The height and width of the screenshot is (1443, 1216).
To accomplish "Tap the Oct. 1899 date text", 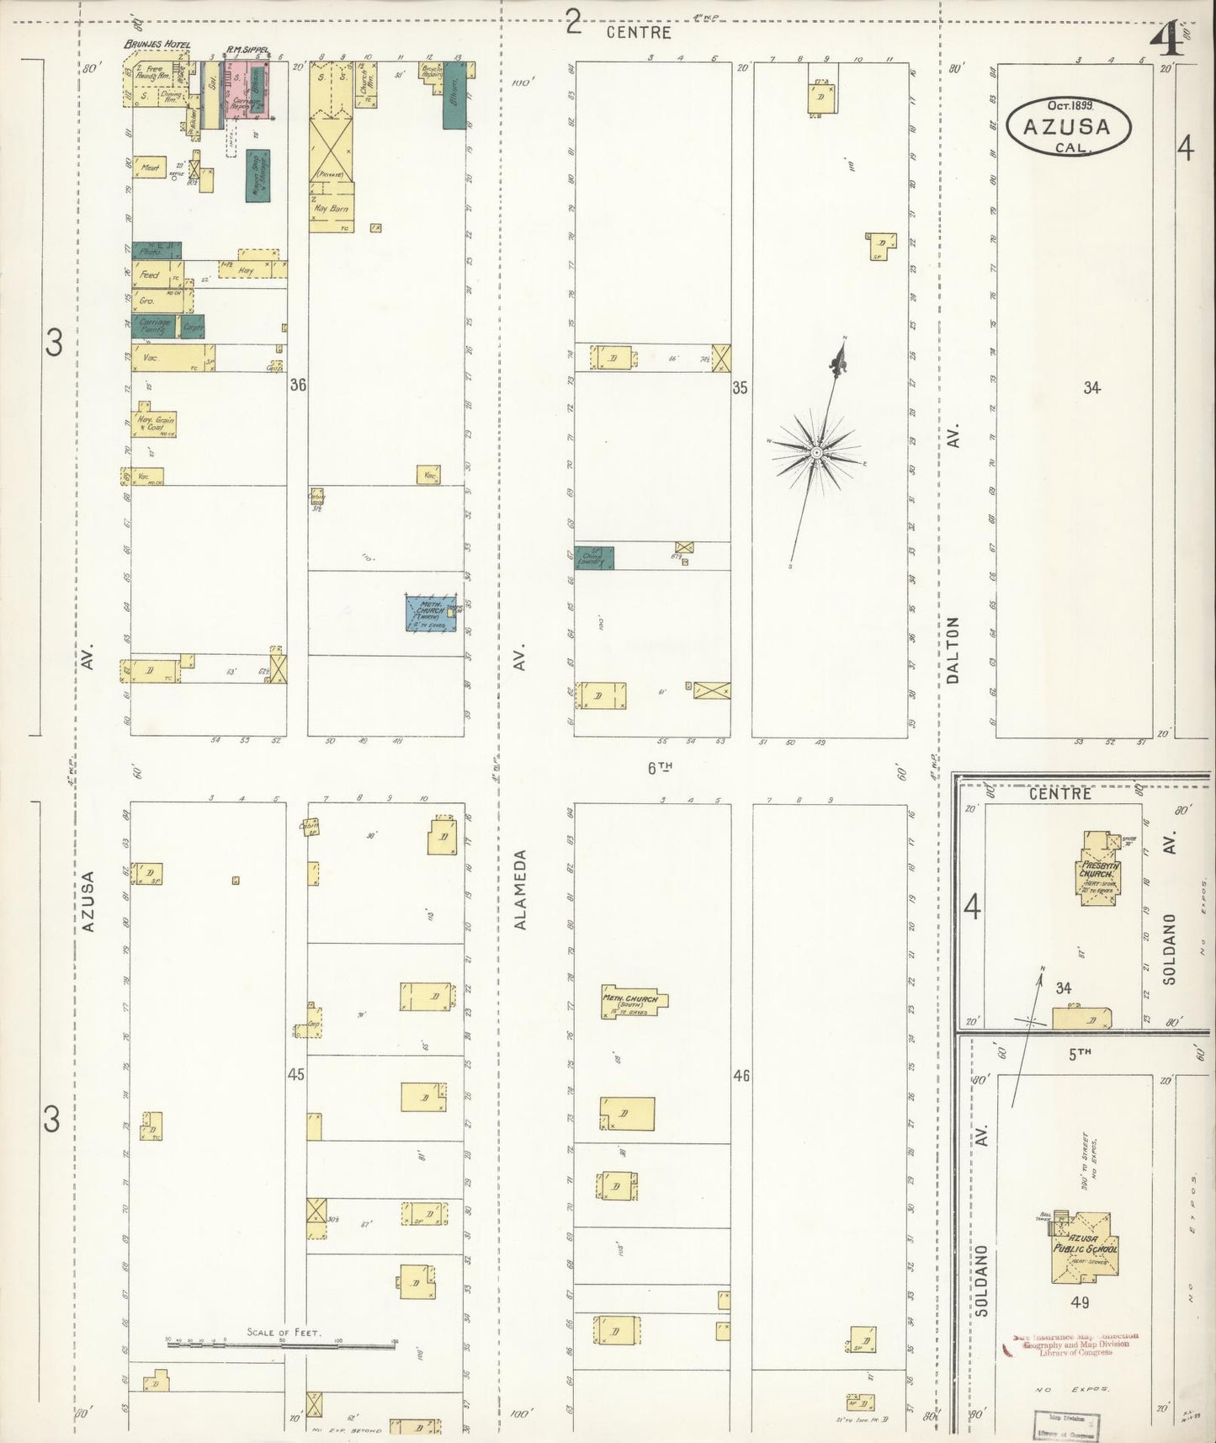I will (1069, 106).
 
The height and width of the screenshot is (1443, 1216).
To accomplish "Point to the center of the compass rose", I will (815, 453).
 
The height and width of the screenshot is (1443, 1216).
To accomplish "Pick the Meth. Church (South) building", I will (634, 1004).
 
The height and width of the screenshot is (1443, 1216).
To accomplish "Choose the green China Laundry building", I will (594, 557).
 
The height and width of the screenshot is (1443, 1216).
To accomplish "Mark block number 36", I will (298, 385).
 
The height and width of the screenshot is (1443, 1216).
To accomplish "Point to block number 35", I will (740, 388).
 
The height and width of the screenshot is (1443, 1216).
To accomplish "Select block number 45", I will (295, 1075).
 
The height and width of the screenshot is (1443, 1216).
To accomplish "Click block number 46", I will (741, 1075).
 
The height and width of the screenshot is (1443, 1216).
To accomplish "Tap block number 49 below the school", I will (1080, 1302).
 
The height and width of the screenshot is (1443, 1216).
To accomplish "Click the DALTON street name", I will (953, 649).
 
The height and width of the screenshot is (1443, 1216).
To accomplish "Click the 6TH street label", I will (661, 766).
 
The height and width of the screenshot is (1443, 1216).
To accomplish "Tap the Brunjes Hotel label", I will (157, 45).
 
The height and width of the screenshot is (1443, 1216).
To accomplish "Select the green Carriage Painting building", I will (156, 326).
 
